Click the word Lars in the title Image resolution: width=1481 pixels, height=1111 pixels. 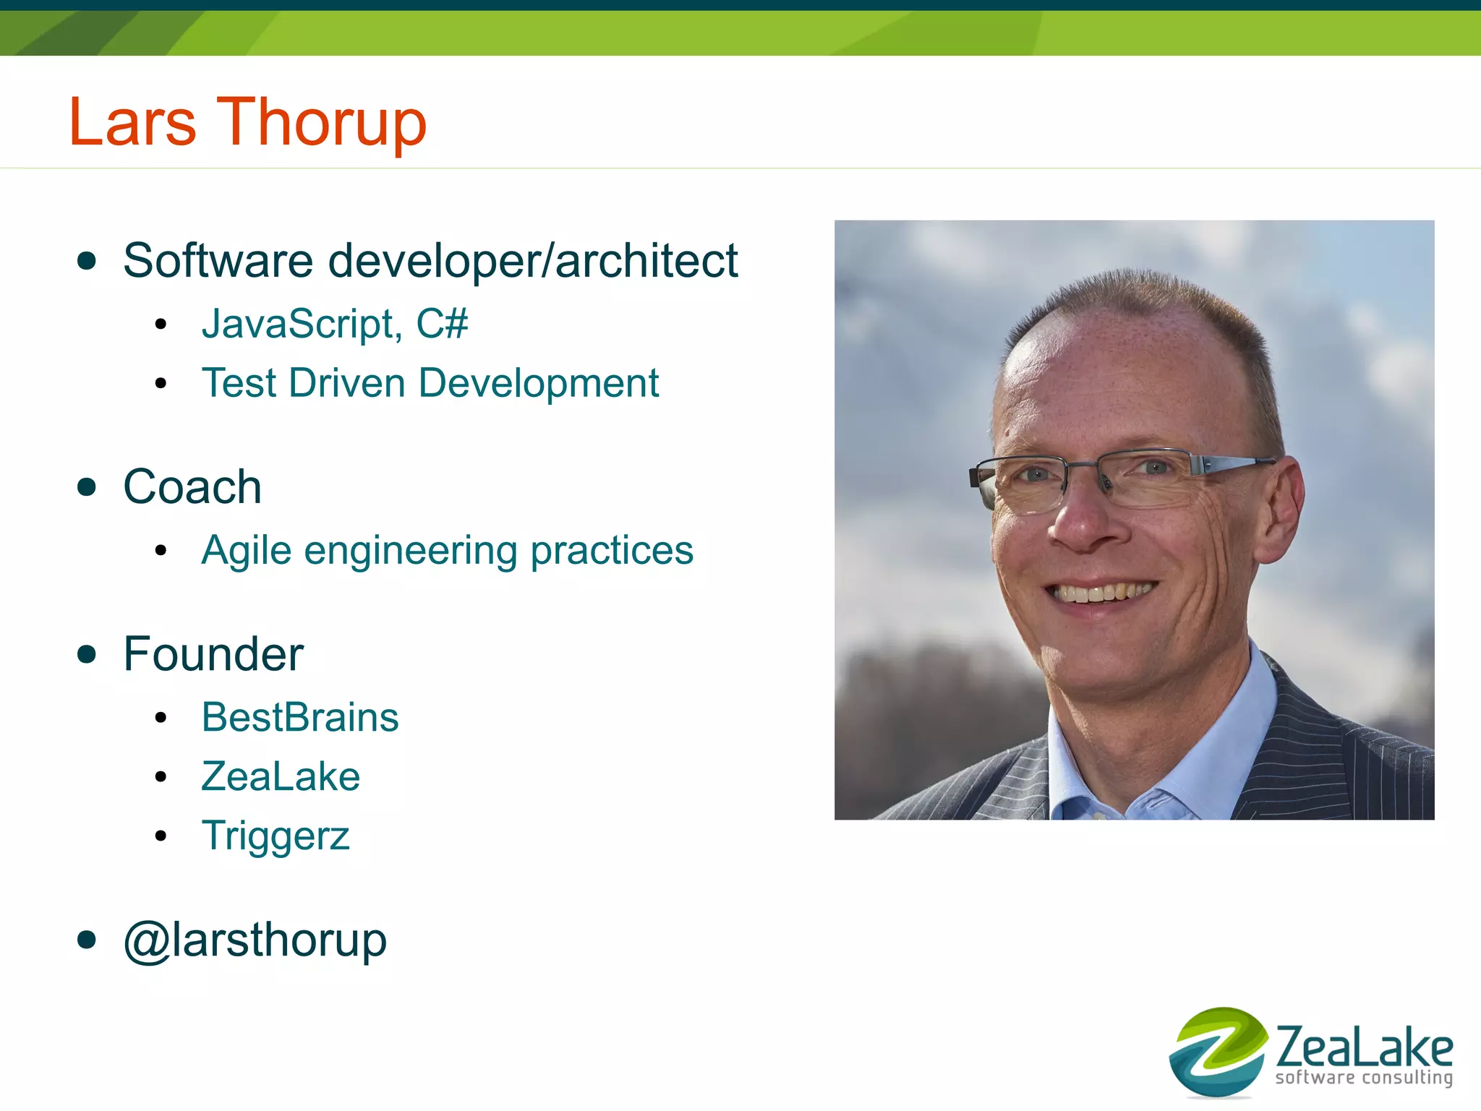132,123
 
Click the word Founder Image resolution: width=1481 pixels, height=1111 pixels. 213,654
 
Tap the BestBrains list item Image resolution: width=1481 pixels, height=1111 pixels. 300,717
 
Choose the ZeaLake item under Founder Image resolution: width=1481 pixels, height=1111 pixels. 281,776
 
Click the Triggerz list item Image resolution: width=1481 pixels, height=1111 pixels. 276,836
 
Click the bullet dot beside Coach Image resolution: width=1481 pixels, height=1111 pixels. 87,487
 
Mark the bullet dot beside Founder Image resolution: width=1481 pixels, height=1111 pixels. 87,654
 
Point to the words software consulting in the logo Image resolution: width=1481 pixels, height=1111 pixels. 1364,1078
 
